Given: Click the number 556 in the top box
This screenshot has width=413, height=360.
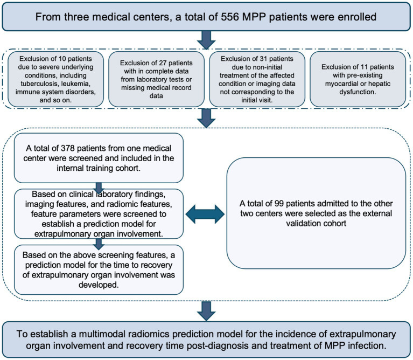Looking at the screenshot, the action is [x=230, y=17].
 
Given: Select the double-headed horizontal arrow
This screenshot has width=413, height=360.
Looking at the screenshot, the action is [x=205, y=214].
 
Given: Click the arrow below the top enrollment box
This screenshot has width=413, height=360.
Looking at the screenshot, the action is [x=206, y=40].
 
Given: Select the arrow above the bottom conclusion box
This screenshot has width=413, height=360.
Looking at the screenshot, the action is [x=206, y=311].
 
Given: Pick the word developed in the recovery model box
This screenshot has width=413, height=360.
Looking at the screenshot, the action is [x=99, y=285].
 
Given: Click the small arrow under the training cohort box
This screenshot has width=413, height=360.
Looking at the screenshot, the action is [x=99, y=188].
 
